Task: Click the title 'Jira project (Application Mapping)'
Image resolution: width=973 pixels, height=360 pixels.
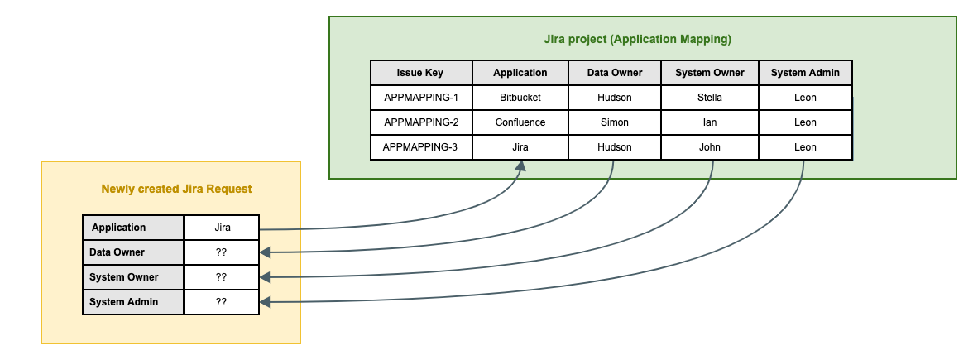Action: (637, 39)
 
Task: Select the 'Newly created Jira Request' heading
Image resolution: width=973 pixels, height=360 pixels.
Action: (176, 189)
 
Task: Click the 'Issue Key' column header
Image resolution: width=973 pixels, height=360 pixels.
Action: (420, 73)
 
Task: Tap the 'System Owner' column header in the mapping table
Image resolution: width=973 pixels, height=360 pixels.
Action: (709, 73)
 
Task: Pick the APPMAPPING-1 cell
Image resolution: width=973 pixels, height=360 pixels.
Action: (420, 98)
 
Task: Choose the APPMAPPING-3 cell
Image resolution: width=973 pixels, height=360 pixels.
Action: (420, 147)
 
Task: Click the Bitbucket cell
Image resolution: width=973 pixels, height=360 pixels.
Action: (520, 98)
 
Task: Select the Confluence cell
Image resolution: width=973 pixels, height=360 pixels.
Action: (520, 122)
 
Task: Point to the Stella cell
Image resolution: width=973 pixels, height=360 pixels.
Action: (709, 98)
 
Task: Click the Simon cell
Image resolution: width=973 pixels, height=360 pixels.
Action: (614, 122)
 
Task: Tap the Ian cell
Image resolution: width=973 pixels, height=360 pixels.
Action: (709, 122)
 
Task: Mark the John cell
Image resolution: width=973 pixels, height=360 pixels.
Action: (709, 147)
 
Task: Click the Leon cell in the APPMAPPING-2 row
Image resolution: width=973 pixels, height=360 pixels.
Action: (804, 122)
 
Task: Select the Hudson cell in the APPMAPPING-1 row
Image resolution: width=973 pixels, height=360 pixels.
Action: (614, 98)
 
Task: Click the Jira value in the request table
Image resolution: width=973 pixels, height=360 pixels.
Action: (221, 228)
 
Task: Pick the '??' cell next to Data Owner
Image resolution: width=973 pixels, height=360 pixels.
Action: (221, 252)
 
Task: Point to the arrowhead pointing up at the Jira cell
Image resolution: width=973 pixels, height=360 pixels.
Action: (520, 166)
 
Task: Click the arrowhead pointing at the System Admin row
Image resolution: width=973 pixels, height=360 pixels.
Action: (265, 302)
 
